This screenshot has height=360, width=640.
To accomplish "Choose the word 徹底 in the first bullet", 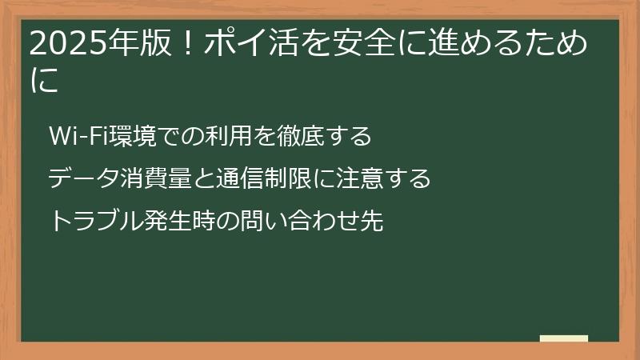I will (x=295, y=137).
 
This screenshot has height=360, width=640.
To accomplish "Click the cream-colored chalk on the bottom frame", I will (x=564, y=339).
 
